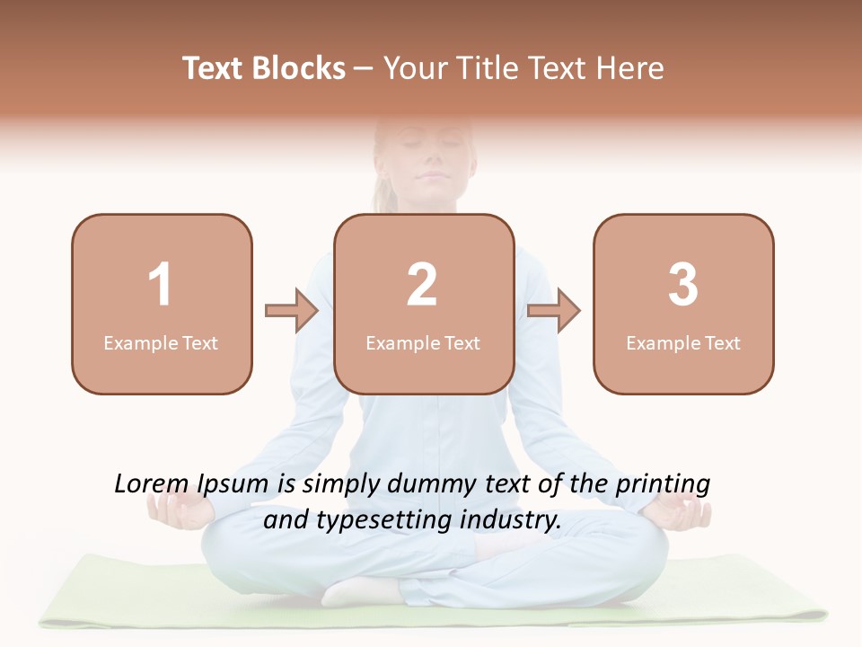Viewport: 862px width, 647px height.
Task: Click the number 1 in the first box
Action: coord(161,285)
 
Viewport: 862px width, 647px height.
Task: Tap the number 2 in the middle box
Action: coord(422,285)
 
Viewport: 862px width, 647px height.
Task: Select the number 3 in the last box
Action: coord(683,285)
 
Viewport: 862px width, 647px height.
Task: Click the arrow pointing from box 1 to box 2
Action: coord(293,311)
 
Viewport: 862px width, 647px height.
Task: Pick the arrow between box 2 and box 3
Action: coord(554,311)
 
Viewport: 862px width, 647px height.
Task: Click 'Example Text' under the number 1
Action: coord(161,343)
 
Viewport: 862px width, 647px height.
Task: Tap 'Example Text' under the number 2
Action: coord(423,343)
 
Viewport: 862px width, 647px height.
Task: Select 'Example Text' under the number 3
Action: coord(683,343)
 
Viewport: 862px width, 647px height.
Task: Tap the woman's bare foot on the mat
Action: coord(359,590)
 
